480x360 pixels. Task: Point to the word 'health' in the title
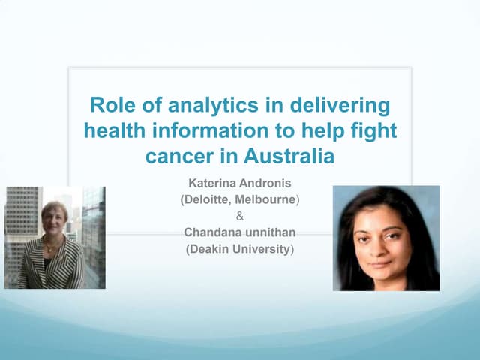114,131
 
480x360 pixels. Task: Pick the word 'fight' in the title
373,131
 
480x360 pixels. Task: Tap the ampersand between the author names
240,216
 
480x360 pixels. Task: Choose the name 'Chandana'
212,232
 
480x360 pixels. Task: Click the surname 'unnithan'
271,232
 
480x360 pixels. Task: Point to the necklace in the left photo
52,245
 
